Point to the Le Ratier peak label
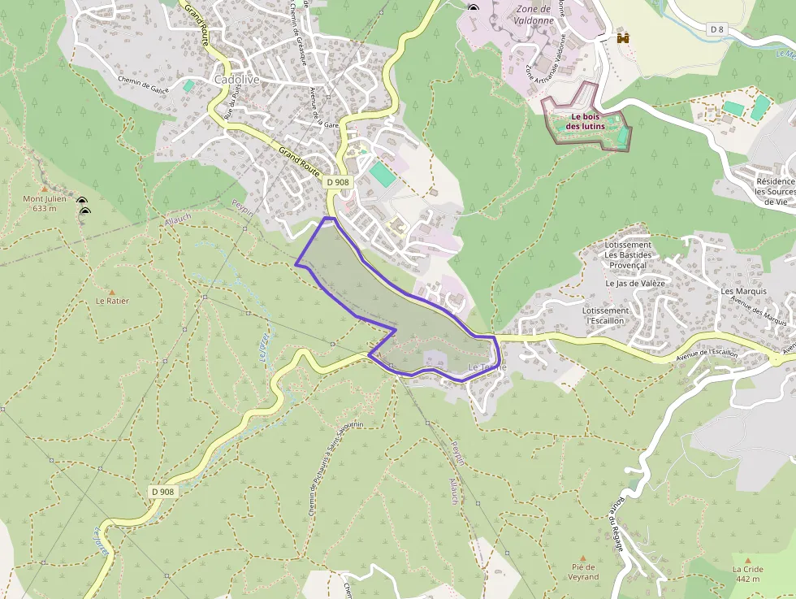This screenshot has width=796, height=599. coord(112,301)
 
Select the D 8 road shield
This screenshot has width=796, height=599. coord(716,29)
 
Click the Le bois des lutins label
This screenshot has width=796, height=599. coord(585,121)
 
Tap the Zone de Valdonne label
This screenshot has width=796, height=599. coord(533,15)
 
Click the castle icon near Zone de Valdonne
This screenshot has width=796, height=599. coord(624,37)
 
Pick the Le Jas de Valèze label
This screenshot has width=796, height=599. coord(635,284)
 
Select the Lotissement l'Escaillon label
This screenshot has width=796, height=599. coord(606,315)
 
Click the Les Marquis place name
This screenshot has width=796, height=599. coord(743,291)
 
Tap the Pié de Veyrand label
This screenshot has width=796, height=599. coord(584,572)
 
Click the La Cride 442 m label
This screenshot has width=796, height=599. coord(748,574)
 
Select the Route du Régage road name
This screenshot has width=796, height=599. coord(616,525)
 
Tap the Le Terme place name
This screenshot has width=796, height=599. coord(487,367)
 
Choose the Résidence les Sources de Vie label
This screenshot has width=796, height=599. coord(775,191)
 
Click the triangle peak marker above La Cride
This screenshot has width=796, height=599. coord(748,560)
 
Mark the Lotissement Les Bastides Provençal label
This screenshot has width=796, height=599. coord(628,255)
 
